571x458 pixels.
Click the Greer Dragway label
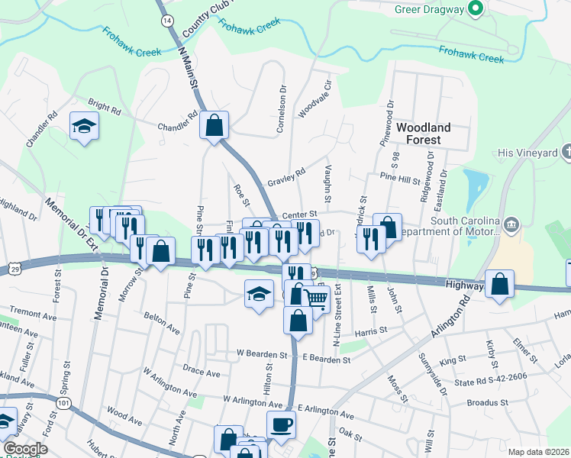click(x=430, y=9)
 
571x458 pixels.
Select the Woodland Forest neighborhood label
click(x=423, y=134)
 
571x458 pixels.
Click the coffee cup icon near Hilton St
click(x=280, y=424)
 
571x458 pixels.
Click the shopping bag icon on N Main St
click(x=215, y=124)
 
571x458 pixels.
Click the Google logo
click(x=24, y=449)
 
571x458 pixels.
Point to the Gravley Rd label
click(x=286, y=177)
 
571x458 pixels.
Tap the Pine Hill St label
click(x=400, y=179)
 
